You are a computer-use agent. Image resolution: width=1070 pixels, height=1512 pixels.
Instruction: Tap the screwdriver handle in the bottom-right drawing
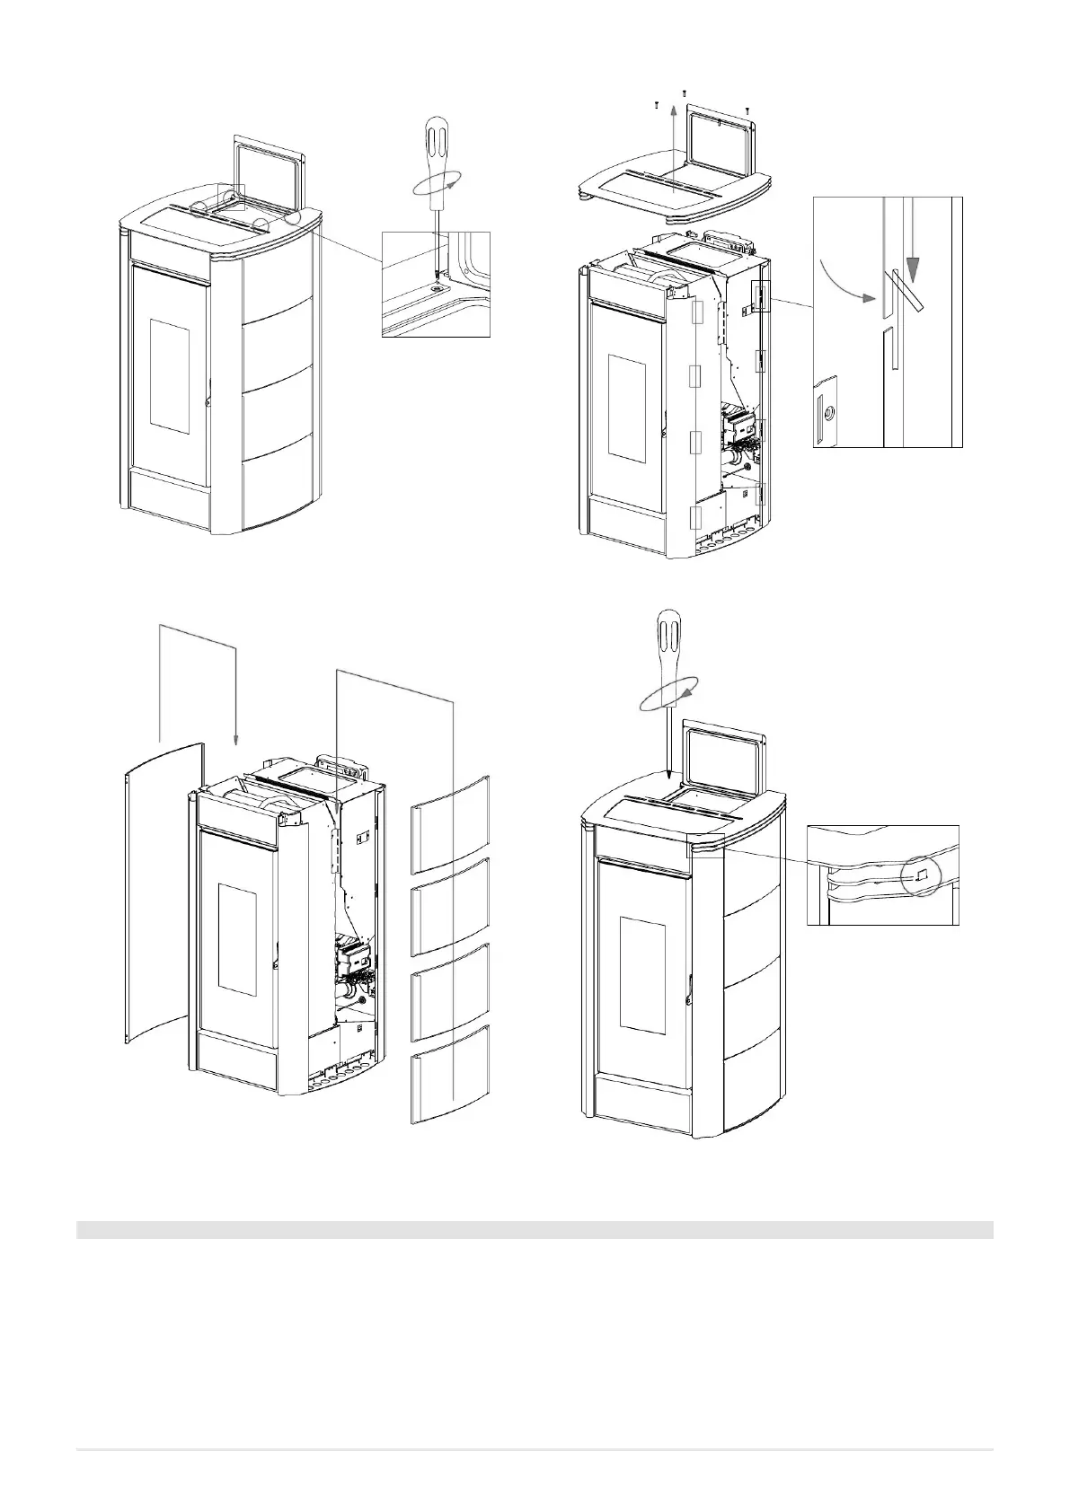tap(671, 638)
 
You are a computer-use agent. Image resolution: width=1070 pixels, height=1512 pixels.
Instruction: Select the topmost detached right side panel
tap(451, 824)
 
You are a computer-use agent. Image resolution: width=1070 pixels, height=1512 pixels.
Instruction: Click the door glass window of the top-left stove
tap(169, 373)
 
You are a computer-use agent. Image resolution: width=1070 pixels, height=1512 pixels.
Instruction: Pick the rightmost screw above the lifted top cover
tap(747, 110)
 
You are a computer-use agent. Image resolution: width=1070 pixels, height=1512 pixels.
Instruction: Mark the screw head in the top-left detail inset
tap(437, 287)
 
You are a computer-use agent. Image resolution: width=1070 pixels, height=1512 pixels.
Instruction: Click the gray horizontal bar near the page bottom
tap(535, 1229)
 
